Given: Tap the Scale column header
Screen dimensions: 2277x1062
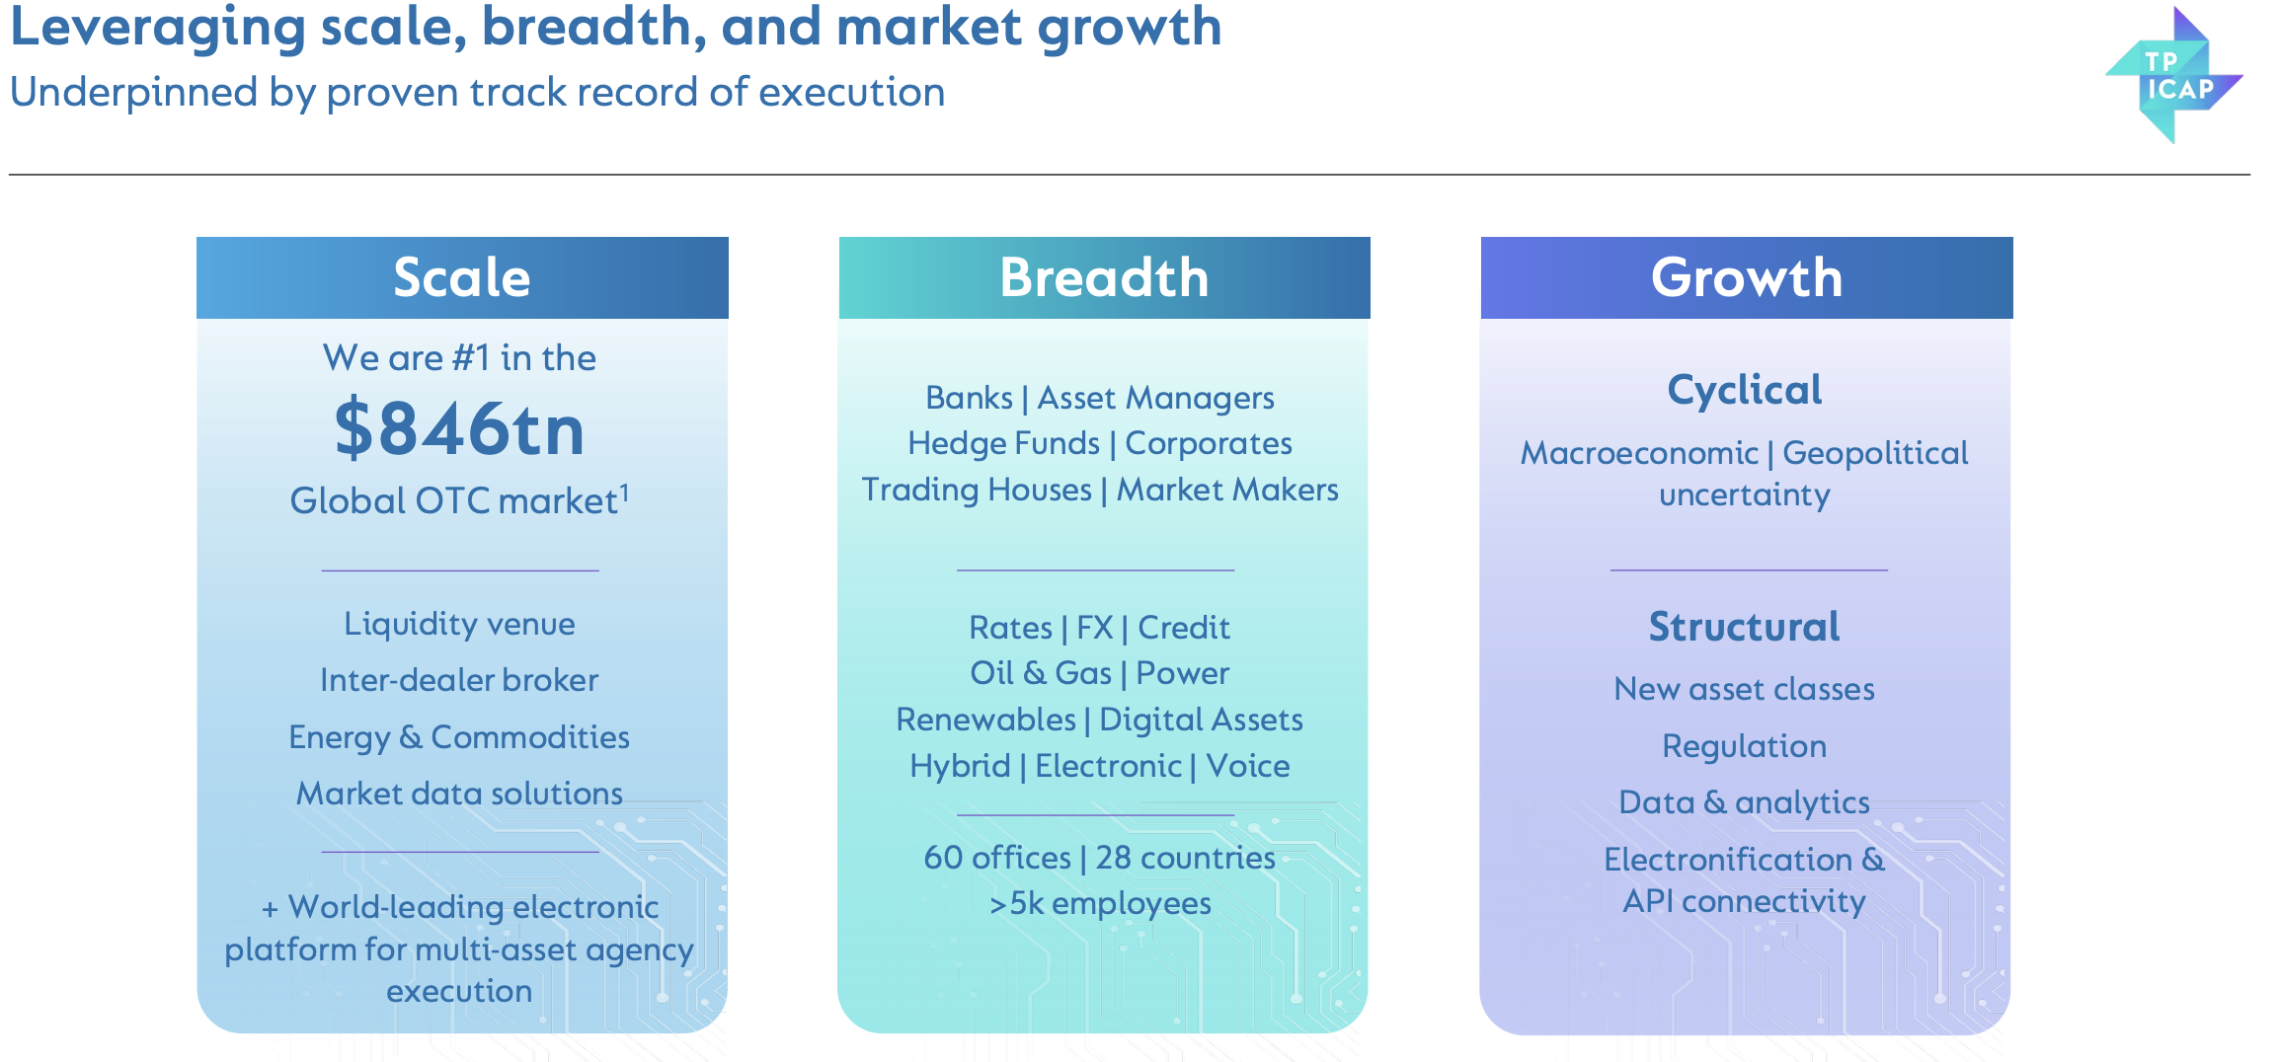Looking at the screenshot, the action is [x=462, y=277].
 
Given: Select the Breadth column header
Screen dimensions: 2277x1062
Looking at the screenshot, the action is [x=1104, y=277].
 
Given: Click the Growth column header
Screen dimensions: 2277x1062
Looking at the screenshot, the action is [x=1747, y=277].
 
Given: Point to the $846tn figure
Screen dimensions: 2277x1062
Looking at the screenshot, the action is [x=460, y=428].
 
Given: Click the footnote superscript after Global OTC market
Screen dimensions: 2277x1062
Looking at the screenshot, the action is [x=624, y=492].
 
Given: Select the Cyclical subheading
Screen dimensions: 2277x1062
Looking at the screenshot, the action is [x=1745, y=391].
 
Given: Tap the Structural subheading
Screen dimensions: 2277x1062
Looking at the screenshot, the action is [x=1745, y=627].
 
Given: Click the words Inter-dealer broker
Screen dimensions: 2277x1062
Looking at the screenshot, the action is [x=459, y=680].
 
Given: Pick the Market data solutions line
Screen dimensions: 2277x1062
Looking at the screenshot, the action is [x=460, y=794].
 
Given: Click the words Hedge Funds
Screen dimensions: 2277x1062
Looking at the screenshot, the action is [x=1003, y=443].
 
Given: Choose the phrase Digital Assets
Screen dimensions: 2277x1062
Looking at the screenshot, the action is [x=1201, y=720].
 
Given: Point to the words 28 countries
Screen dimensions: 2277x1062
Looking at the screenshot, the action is [x=1185, y=858].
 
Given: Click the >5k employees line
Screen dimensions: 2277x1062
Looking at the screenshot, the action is [x=1100, y=903].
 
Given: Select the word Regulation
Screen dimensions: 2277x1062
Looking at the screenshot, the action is [x=1745, y=746].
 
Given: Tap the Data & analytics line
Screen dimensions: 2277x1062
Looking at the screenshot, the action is [x=1745, y=802].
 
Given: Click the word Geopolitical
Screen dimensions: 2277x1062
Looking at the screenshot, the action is [x=1875, y=453].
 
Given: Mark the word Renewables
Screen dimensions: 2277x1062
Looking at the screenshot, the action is [x=985, y=720].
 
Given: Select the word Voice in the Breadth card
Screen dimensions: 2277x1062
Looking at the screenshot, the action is [x=1248, y=766].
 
